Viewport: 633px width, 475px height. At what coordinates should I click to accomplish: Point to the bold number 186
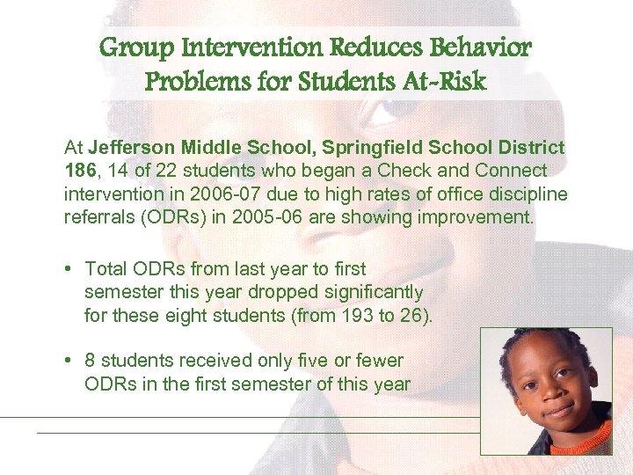pos(80,171)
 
